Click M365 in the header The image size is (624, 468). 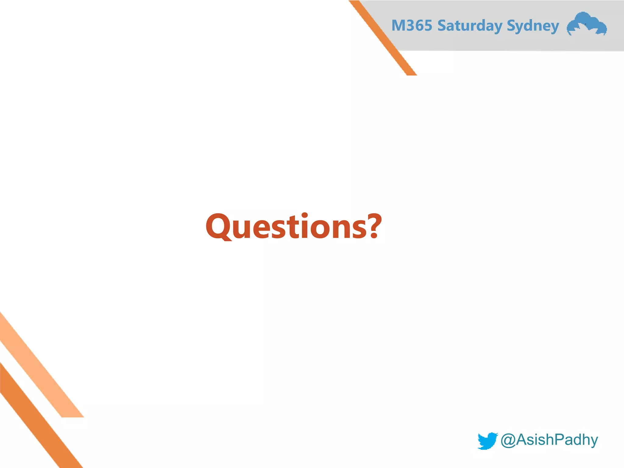pos(412,26)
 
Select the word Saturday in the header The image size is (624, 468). pos(470,26)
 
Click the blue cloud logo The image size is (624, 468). pos(587,24)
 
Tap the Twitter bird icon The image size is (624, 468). pos(487,441)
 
